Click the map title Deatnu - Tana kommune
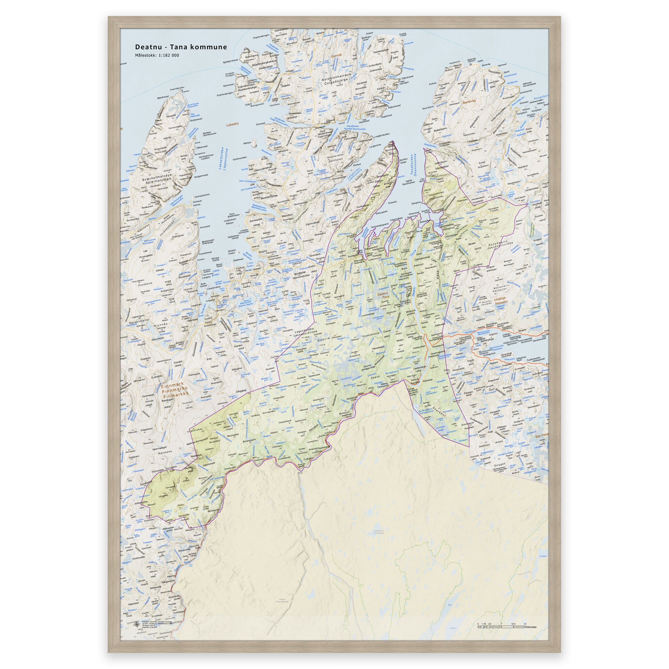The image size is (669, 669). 181,47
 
